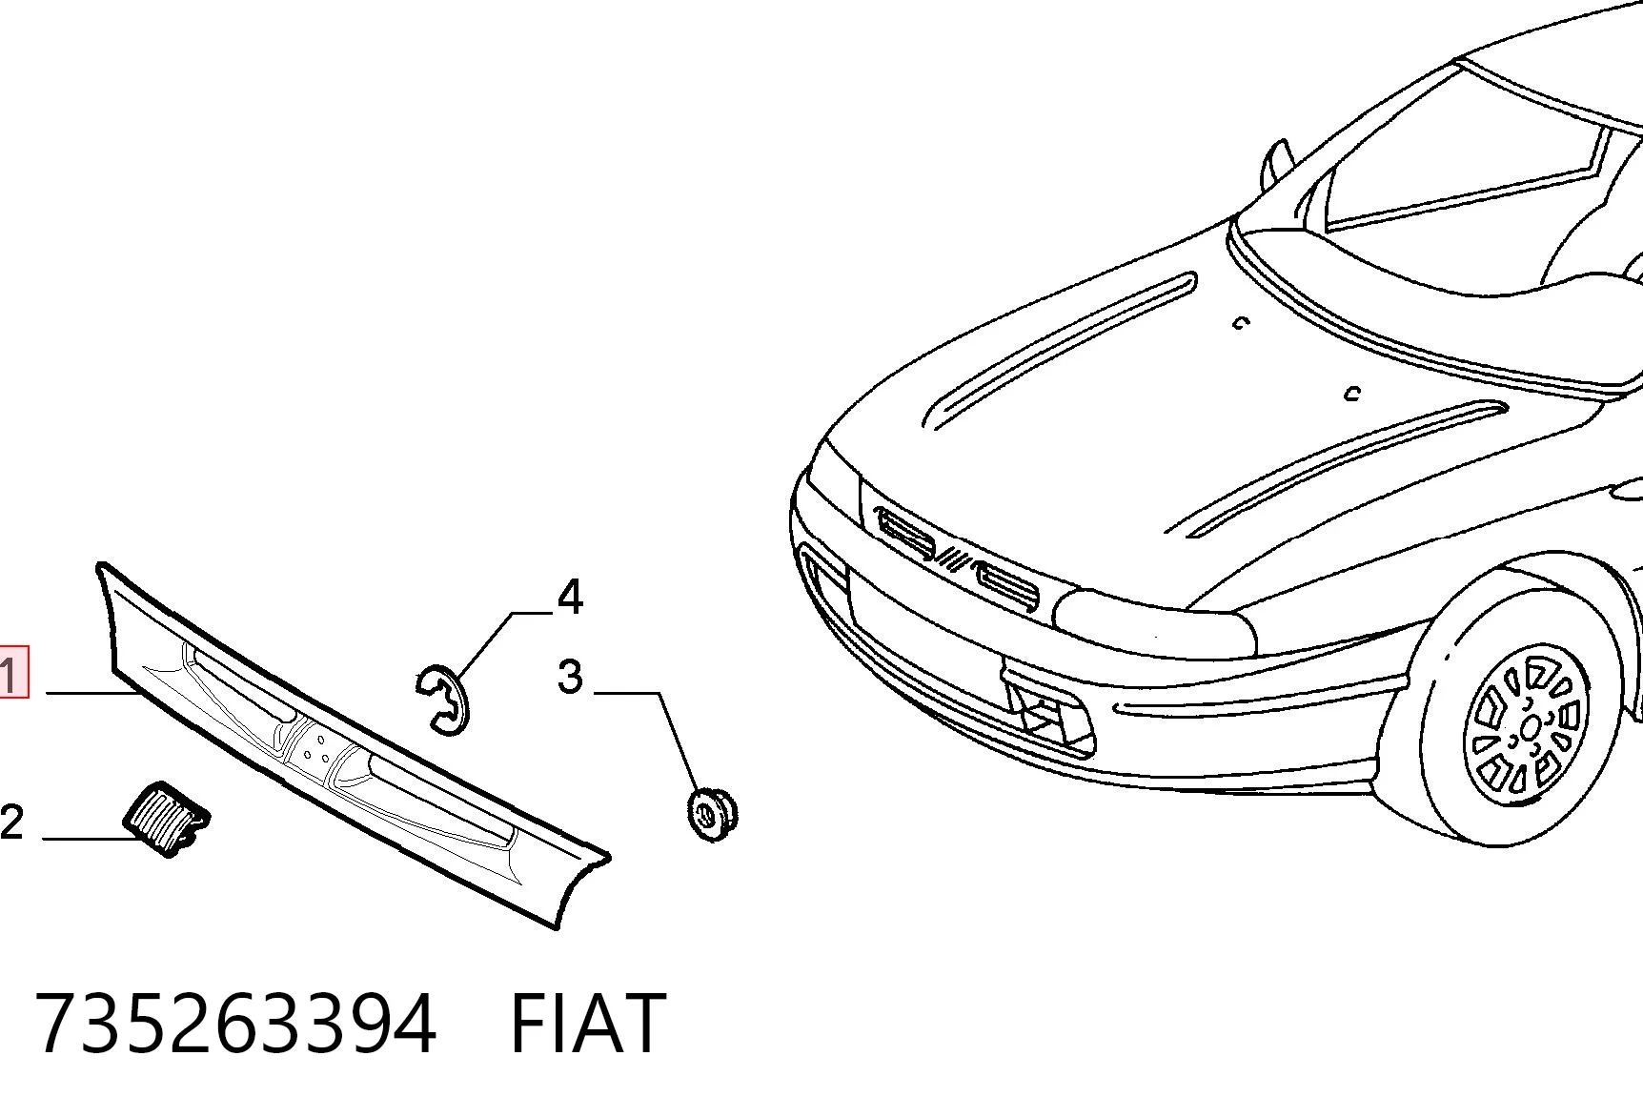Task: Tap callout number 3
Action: click(570, 677)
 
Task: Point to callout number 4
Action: click(570, 597)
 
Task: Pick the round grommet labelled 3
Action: click(712, 814)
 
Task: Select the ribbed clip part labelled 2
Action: click(167, 818)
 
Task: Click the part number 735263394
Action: click(236, 1023)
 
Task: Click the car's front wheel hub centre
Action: click(1530, 729)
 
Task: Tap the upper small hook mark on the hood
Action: click(1239, 323)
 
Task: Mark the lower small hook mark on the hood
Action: click(1351, 393)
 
